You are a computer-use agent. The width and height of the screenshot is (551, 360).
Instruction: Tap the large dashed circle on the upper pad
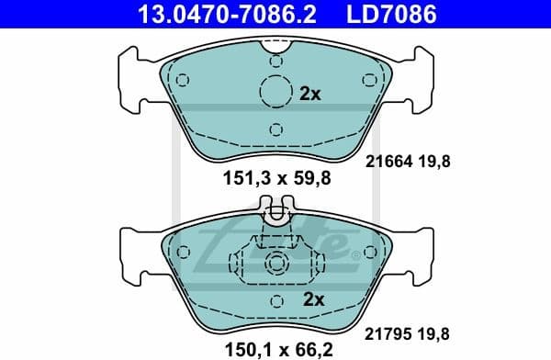coord(275,93)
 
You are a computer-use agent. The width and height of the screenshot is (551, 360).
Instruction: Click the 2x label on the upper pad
coord(310,94)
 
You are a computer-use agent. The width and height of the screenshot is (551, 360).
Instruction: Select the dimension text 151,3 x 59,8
coord(275,178)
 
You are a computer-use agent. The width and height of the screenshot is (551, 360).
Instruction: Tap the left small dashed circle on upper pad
coord(182,78)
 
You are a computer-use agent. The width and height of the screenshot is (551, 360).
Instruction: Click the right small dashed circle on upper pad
coord(369,78)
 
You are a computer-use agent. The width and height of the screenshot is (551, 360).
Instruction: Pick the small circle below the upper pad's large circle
coord(275,129)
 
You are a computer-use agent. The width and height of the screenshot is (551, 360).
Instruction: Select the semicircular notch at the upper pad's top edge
coord(275,45)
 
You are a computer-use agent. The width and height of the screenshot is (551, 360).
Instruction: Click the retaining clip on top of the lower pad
coord(275,216)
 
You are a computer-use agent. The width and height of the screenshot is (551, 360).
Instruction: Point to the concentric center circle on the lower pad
coord(275,264)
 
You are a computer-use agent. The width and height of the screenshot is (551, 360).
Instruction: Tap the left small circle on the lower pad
coord(183,251)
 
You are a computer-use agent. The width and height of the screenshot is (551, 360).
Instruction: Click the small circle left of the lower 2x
coord(275,299)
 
